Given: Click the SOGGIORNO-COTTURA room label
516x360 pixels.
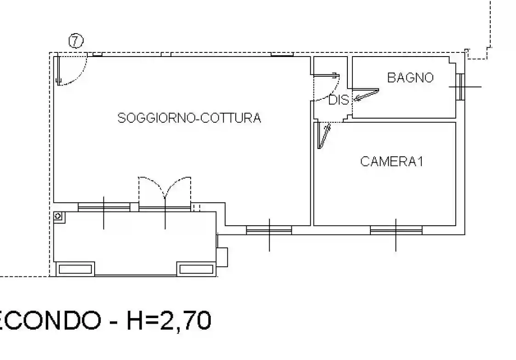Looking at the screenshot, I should click(189, 118).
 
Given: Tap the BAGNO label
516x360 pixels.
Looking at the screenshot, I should click(410, 78).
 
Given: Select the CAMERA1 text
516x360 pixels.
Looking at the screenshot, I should click(391, 162).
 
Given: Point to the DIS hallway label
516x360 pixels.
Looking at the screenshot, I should click(339, 100).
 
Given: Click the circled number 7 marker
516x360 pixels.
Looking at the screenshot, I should click(76, 41).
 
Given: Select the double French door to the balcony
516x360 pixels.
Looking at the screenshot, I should click(164, 193).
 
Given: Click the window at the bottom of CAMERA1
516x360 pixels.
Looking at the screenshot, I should click(396, 229).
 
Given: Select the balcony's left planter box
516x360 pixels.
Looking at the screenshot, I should click(75, 269).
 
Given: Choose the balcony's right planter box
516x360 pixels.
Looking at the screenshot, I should click(196, 269).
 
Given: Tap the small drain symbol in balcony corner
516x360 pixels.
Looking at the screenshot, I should click(59, 216).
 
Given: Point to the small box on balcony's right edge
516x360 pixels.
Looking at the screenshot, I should click(222, 257).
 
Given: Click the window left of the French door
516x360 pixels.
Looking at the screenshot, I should click(104, 208).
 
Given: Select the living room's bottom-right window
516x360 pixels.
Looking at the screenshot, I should click(269, 229).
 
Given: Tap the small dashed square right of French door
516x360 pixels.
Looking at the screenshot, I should click(197, 208).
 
